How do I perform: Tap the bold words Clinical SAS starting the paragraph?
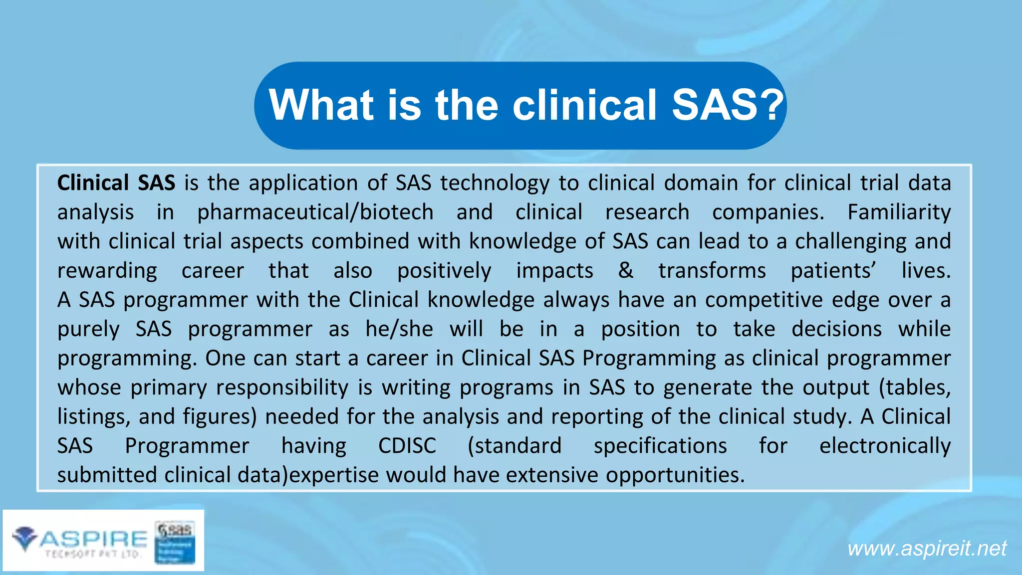click(x=116, y=183)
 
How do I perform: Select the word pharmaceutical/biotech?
click(x=315, y=212)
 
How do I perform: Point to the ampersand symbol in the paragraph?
click(x=625, y=271)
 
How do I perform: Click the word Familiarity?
click(x=899, y=212)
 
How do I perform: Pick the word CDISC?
click(x=407, y=446)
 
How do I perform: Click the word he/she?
click(x=399, y=329)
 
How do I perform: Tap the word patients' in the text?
click(x=833, y=271)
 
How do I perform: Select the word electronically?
click(x=885, y=446)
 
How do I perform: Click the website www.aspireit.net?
click(x=927, y=549)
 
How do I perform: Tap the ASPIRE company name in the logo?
click(x=94, y=539)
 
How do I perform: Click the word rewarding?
click(x=107, y=271)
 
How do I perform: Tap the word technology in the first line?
click(x=495, y=183)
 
